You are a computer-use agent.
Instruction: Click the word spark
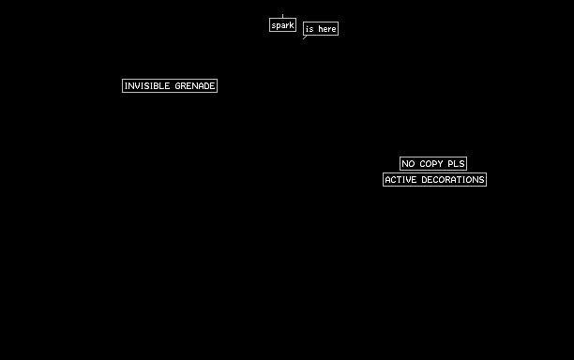[x=282, y=25]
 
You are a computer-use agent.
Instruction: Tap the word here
[x=327, y=29]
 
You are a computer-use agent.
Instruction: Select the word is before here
[x=310, y=29]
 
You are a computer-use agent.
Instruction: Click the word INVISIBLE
[x=147, y=86]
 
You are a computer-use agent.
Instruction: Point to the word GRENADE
[x=195, y=86]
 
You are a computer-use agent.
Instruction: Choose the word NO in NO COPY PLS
[x=408, y=164]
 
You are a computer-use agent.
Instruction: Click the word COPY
[x=431, y=164]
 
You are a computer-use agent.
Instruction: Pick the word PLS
[x=456, y=164]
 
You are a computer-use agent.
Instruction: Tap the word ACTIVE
[x=400, y=180]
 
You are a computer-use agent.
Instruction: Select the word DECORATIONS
[x=453, y=180]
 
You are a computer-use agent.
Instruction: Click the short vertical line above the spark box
[x=282, y=16]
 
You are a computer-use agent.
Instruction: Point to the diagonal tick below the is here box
[x=305, y=37]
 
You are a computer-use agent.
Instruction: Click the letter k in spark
[x=292, y=25]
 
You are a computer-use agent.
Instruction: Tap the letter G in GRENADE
[x=178, y=86]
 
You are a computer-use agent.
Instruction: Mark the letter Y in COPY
[x=441, y=164]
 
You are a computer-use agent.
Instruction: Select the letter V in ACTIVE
[x=407, y=180]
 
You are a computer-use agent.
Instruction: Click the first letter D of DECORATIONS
[x=424, y=180]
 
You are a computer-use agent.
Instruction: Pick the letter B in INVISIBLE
[x=157, y=86]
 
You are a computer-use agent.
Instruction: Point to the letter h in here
[x=321, y=29]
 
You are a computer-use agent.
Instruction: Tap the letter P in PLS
[x=450, y=164]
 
